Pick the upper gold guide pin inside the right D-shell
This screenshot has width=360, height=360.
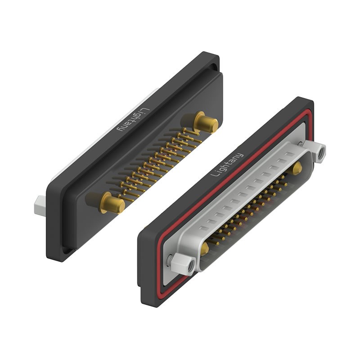[x=297, y=169]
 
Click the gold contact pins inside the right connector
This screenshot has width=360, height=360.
[x=252, y=211]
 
